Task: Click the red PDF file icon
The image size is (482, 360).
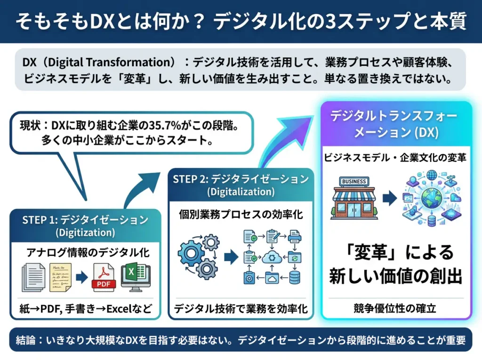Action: pyautogui.click(x=104, y=279)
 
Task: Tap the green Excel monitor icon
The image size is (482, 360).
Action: pyautogui.click(x=136, y=278)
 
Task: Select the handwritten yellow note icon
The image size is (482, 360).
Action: pyautogui.click(x=61, y=278)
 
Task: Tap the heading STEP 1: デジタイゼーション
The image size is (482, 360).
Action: pyautogui.click(x=85, y=220)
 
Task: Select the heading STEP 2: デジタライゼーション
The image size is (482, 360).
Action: pyautogui.click(x=241, y=179)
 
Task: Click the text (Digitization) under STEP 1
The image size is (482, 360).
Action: pyautogui.click(x=85, y=232)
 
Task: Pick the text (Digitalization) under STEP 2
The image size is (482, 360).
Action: pyautogui.click(x=241, y=192)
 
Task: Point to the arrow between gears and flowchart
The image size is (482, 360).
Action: pyautogui.click(x=229, y=257)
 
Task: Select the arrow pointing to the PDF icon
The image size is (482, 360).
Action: pyautogui.click(x=82, y=278)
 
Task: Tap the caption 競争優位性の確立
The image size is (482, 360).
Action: pyautogui.click(x=395, y=309)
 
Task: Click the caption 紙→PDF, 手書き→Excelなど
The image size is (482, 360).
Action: pyautogui.click(x=85, y=309)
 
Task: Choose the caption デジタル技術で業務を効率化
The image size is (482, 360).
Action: pyautogui.click(x=241, y=309)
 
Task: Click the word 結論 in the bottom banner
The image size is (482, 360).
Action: pyautogui.click(x=26, y=340)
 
